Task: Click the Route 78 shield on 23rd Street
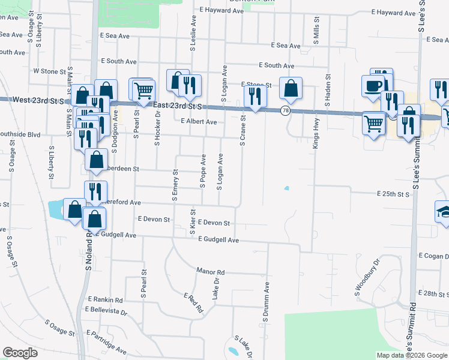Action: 285,110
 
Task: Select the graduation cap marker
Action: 445,212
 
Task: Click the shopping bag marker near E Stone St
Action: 291,89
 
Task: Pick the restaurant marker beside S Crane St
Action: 256,96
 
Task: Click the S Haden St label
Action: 328,91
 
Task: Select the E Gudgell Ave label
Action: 218,240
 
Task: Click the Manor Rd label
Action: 210,272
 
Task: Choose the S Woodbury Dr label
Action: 367,278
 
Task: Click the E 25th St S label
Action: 393,194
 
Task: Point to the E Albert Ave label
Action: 199,121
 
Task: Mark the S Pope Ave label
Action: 203,171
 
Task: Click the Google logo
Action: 20,353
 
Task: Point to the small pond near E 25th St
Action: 286,188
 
